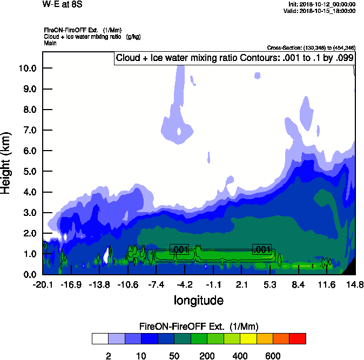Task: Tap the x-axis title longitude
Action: click(x=198, y=300)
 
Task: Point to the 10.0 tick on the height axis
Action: click(x=27, y=68)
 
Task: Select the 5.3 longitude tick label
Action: click(x=270, y=284)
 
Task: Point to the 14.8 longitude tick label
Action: click(x=355, y=284)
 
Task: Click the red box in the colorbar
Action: click(x=298, y=338)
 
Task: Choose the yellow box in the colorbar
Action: click(x=248, y=338)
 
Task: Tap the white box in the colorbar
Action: click(x=100, y=338)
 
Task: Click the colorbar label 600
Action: click(x=273, y=356)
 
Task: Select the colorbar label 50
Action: click(x=174, y=356)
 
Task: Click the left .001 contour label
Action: click(x=179, y=249)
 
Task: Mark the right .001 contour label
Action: click(x=262, y=249)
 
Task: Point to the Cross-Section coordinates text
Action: click(x=311, y=48)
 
